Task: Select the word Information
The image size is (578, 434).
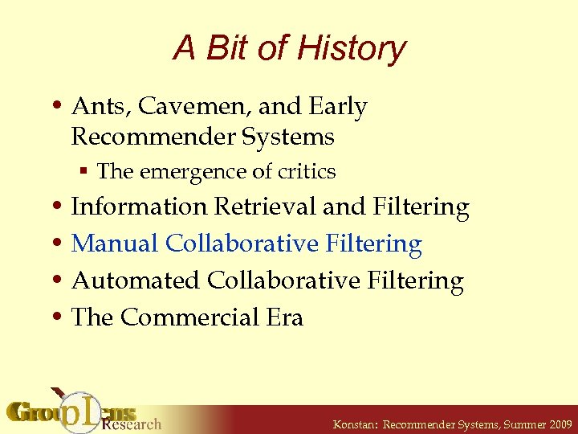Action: click(139, 207)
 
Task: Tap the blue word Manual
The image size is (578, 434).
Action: click(115, 244)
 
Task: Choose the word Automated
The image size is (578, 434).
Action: click(136, 281)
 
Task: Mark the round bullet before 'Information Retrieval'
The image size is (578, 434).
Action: click(58, 208)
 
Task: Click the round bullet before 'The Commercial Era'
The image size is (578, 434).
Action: click(58, 318)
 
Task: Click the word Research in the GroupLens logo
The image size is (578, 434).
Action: click(132, 423)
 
